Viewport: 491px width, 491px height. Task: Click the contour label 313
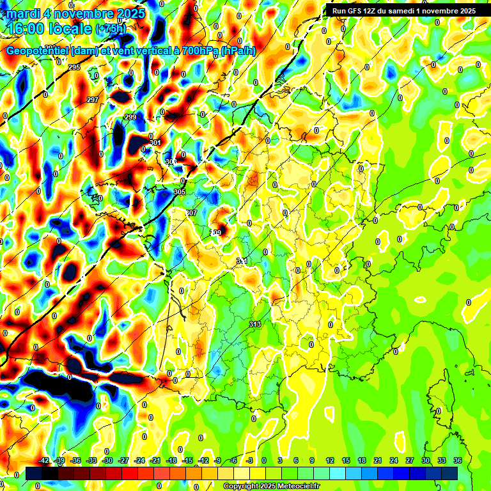coord(255,324)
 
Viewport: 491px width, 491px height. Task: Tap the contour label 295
coord(74,67)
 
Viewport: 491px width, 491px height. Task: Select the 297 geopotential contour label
coord(93,100)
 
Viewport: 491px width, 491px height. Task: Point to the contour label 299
coord(130,117)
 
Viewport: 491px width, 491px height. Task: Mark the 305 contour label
coord(180,192)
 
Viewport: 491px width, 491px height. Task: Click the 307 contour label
coord(192,213)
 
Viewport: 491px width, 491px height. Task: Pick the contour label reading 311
coord(242,261)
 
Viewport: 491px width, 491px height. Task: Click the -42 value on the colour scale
coord(44,460)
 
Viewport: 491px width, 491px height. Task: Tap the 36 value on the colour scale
coord(458,460)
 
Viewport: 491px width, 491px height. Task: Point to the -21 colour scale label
coord(155,460)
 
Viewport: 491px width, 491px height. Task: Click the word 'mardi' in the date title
coord(24,13)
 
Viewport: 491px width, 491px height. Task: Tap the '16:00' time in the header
coord(27,29)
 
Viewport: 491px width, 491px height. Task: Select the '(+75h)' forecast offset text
coord(111,29)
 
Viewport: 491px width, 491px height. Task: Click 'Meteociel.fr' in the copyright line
coord(296,487)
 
